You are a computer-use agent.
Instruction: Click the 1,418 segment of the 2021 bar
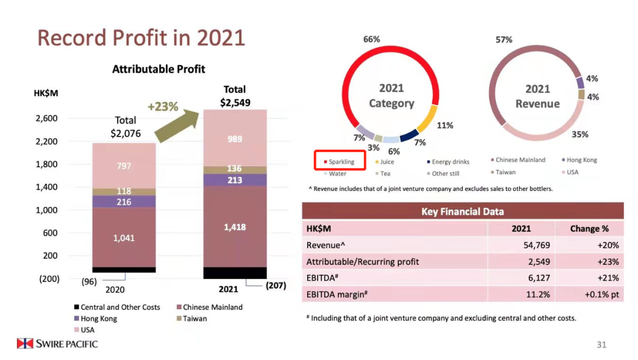[235, 227]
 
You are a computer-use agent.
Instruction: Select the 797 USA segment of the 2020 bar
[124, 166]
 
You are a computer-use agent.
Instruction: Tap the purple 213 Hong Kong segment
[235, 180]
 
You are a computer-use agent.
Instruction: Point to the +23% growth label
[162, 106]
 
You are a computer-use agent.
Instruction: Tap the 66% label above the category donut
[371, 40]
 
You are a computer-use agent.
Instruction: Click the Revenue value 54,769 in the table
[520, 245]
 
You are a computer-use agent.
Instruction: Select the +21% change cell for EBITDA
[608, 278]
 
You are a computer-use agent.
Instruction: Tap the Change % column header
[589, 228]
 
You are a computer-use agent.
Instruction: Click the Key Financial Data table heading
[462, 211]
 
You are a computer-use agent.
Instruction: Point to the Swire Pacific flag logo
[25, 343]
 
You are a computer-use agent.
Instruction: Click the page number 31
[601, 345]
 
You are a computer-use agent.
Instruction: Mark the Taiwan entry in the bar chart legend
[195, 319]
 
